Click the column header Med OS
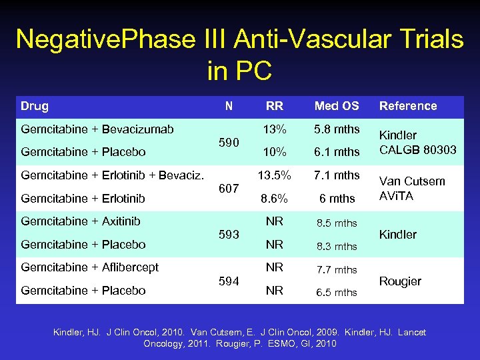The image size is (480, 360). tap(336, 106)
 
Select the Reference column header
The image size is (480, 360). tap(408, 106)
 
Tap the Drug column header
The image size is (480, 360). tap(35, 106)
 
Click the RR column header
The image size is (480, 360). tap(274, 106)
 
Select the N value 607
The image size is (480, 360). tap(229, 189)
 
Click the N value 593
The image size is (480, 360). tap(229, 235)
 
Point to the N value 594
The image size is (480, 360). tap(229, 281)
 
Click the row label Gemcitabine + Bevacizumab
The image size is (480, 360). tap(97, 129)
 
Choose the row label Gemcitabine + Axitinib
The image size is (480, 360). tap(81, 221)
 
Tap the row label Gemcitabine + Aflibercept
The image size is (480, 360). tap(90, 267)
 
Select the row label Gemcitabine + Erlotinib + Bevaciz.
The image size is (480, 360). tap(112, 175)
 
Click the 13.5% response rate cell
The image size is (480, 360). tap(274, 175)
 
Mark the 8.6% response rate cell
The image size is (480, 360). tap(274, 198)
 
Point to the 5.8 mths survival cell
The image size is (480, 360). tap(337, 129)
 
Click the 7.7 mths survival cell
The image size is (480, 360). tap(337, 269)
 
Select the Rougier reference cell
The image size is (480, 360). tap(400, 281)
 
